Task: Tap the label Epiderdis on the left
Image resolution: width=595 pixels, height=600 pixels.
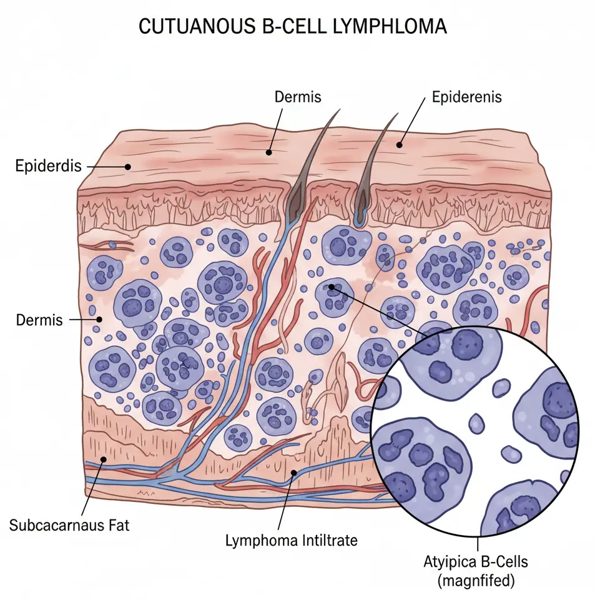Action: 48,167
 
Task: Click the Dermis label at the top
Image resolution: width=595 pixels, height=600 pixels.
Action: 298,97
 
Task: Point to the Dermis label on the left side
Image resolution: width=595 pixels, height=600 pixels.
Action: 39,320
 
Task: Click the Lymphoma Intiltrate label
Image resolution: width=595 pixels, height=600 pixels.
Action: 291,540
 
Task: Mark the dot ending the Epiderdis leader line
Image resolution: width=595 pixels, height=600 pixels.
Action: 127,167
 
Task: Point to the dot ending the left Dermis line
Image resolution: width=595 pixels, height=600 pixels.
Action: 99,320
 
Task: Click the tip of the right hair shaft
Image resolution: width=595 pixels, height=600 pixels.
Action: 397,114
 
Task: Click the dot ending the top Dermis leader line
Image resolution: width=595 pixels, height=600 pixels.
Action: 268,152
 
